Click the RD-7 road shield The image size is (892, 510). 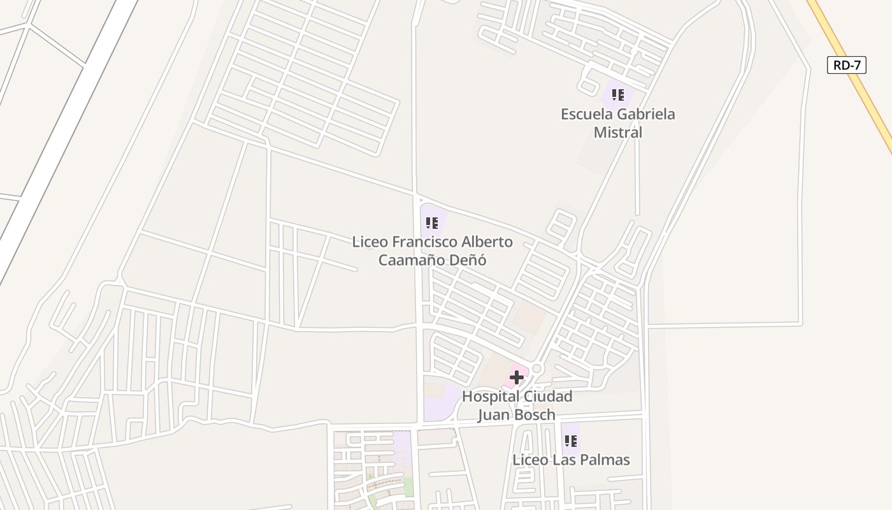pos(847,65)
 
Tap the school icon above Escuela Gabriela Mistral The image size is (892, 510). pos(617,95)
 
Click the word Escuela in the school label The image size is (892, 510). pos(587,114)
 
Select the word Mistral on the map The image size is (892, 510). pos(618,133)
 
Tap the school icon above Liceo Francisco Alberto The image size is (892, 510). pos(432,223)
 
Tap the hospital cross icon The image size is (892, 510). pos(516,377)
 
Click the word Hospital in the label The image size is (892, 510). pos(491,397)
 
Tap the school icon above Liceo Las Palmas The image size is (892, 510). pos(570,441)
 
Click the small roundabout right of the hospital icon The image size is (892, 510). pos(536,369)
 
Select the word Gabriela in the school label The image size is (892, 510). pos(645,114)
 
